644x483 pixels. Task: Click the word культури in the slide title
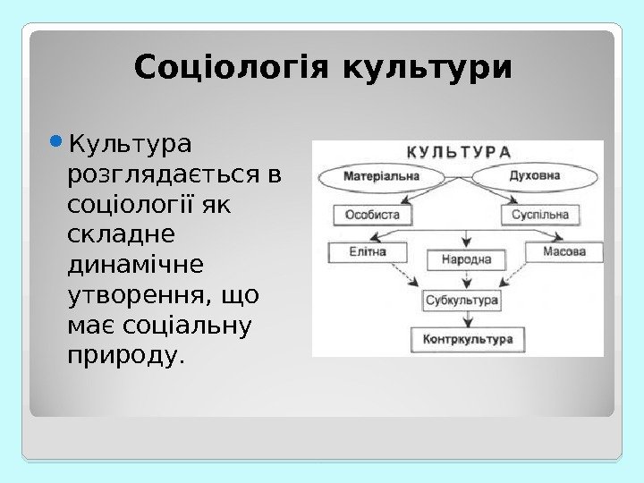coord(428,68)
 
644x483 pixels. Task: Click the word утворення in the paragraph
coord(136,296)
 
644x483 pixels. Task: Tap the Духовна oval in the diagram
coord(534,175)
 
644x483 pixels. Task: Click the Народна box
coord(465,260)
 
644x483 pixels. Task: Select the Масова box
coord(564,252)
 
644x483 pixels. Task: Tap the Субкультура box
coord(462,301)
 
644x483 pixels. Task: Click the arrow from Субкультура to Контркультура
coord(466,320)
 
